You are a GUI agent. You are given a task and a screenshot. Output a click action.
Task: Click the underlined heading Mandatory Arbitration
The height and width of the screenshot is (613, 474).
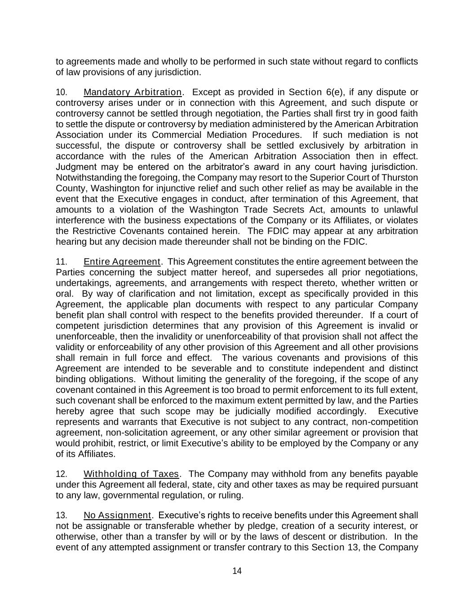(133, 93)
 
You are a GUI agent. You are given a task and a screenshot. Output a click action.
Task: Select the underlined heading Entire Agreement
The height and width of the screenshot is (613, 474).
(122, 262)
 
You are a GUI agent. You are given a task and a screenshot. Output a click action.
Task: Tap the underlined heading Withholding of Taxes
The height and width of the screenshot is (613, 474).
(132, 474)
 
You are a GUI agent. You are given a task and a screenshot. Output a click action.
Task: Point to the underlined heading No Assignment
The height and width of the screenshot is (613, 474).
(117, 516)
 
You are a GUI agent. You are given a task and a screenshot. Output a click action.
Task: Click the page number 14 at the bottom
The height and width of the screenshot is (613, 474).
(237, 571)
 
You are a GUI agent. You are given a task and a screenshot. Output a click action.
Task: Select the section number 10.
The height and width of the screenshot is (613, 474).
(61, 93)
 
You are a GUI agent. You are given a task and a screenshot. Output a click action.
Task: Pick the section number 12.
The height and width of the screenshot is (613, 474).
(61, 474)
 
